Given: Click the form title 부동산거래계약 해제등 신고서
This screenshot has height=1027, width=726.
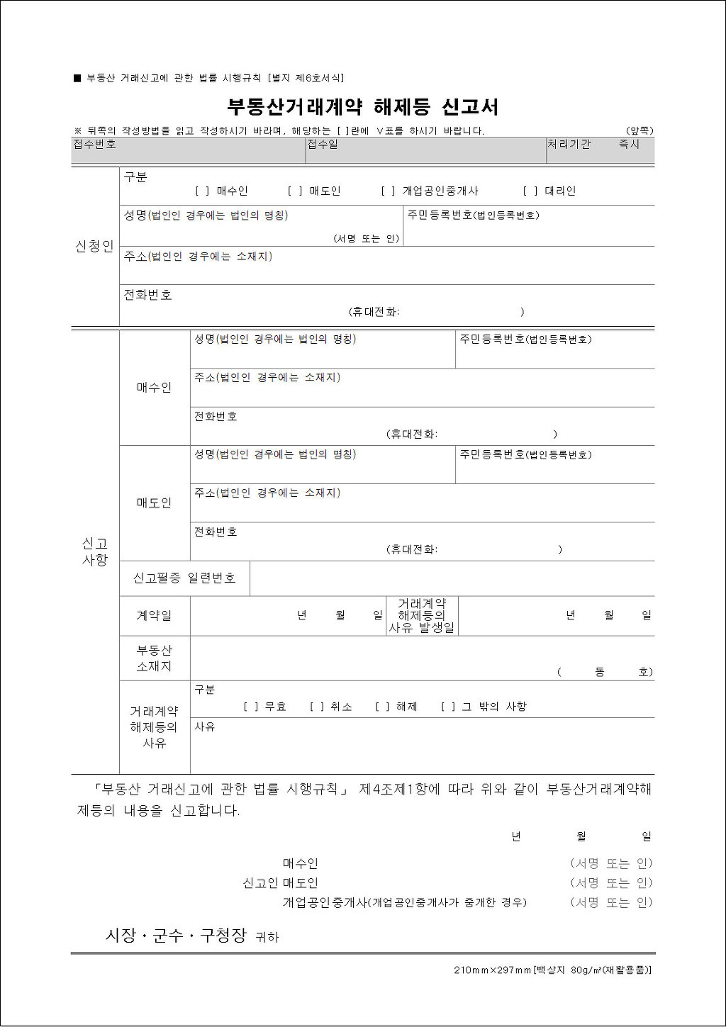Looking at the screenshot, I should [x=362, y=107].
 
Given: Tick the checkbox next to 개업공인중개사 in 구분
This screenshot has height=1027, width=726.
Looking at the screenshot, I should [x=389, y=191].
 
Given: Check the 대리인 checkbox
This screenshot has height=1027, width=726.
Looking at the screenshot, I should [x=530, y=191].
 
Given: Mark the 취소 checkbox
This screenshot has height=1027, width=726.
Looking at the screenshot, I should [x=317, y=707].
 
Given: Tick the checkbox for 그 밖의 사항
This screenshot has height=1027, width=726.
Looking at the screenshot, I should [x=448, y=707].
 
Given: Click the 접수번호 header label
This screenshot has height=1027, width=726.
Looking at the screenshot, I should [x=94, y=144].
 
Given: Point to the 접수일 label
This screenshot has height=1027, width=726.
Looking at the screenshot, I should [x=323, y=144].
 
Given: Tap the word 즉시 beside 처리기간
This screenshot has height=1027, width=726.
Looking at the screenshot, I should [x=629, y=144].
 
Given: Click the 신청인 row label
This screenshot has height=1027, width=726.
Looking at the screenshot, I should [x=94, y=247].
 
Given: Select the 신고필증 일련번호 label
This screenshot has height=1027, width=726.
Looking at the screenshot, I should [x=184, y=578].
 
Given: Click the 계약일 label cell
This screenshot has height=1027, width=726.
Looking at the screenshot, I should [x=154, y=616].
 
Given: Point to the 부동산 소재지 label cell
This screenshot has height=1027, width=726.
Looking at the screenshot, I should [x=154, y=658].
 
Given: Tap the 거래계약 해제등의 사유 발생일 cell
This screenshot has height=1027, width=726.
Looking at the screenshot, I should [x=422, y=616].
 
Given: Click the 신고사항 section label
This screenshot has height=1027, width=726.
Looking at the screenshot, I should [x=94, y=551].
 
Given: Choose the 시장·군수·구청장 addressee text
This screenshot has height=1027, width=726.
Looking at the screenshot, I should [x=175, y=936].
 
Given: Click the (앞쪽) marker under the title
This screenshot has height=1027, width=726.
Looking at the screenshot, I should [x=640, y=130].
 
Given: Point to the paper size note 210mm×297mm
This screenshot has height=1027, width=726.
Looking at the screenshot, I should [x=493, y=970].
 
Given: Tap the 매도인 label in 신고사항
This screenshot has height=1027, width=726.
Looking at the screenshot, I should [x=154, y=503].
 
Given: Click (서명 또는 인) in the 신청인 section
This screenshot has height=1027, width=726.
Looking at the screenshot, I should [x=367, y=239].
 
